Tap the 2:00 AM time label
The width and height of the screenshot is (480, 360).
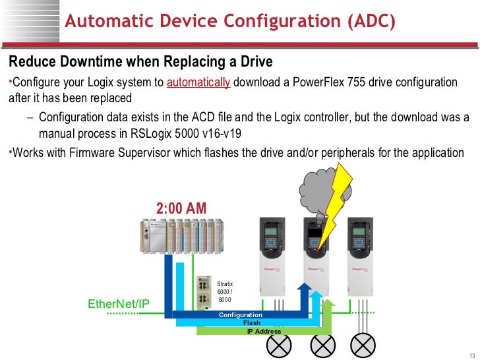coord(181,208)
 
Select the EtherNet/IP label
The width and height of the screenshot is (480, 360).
coord(119,303)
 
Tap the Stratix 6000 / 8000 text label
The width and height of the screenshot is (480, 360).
coord(225,292)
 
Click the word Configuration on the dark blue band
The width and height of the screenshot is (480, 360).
coord(241,315)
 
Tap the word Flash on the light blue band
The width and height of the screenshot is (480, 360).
coord(252,323)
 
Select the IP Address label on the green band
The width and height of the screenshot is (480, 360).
coord(264,331)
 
